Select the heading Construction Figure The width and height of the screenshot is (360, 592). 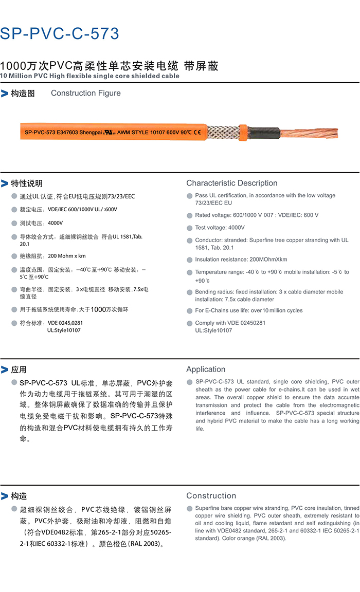[x=86, y=93]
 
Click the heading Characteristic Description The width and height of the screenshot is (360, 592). [x=231, y=183]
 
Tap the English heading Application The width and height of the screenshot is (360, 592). [x=206, y=369]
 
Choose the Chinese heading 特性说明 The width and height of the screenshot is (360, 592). [x=27, y=183]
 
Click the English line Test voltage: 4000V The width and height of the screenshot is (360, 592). [x=220, y=227]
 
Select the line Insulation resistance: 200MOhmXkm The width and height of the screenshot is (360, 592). [x=241, y=260]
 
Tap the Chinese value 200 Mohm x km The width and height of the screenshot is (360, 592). [x=67, y=256]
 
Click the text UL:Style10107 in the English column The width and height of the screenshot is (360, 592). [x=213, y=330]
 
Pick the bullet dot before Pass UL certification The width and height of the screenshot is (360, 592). [x=190, y=196]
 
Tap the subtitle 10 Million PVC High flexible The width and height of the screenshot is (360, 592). [x=90, y=76]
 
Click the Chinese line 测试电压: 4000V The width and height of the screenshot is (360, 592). [x=41, y=223]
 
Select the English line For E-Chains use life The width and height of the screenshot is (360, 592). [x=249, y=310]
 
